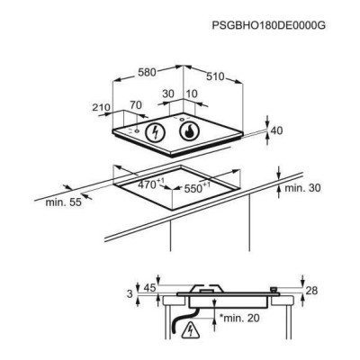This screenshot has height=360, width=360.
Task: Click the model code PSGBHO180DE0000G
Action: pos(268,25)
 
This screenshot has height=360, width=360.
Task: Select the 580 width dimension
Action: pos(147,72)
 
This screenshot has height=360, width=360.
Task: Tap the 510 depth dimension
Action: pos(215,76)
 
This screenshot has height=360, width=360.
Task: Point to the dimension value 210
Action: pos(102,107)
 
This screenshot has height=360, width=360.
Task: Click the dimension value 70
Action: pos(136,105)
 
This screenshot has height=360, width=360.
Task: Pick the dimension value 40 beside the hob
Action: pos(276,130)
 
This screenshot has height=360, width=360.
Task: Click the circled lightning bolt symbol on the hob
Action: pos(155,132)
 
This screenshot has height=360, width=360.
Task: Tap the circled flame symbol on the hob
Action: pos(189,131)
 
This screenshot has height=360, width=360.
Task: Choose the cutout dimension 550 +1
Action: pos(197,188)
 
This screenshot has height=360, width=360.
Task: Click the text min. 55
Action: pos(63,202)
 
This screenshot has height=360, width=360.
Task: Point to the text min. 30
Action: pos(302,188)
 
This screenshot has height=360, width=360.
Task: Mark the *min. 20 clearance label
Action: pos(239,318)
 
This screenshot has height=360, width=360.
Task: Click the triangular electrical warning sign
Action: pos(190,329)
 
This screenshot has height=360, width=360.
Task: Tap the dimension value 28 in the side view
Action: pos(311,291)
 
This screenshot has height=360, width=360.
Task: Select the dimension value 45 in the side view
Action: pos(149,288)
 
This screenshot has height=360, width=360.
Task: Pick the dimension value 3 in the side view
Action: pos(130,293)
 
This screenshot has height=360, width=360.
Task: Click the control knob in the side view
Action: pos(274,290)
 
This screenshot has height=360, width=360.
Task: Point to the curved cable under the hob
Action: pos(182,319)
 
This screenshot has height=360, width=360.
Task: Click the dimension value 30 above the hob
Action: pos(168,94)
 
